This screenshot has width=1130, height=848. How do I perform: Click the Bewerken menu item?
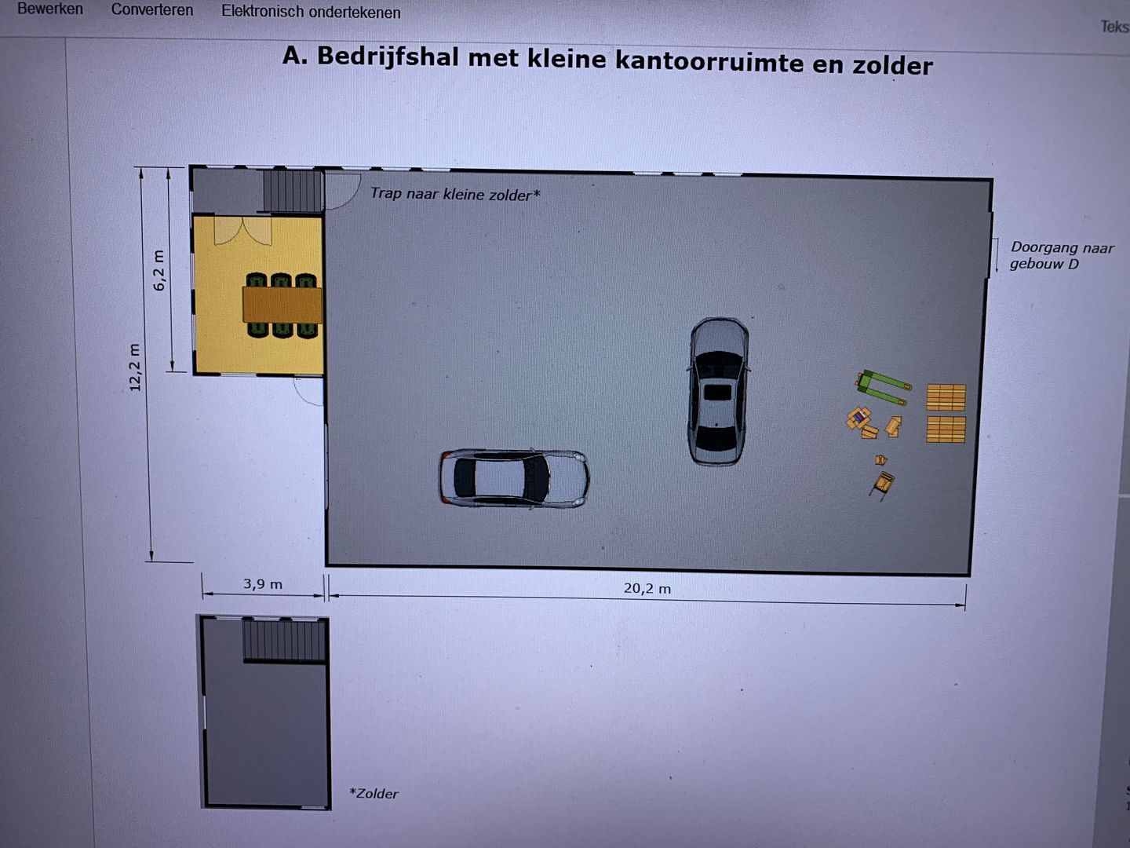click(x=49, y=9)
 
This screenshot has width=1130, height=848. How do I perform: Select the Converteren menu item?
click(x=151, y=10)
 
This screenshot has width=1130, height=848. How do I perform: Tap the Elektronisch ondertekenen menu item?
click(x=311, y=13)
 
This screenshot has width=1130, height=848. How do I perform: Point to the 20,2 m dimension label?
click(x=647, y=588)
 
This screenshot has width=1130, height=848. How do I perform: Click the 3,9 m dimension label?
click(x=263, y=584)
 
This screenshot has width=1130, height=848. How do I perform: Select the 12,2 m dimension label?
click(x=135, y=367)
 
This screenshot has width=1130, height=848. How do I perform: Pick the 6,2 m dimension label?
click(x=159, y=271)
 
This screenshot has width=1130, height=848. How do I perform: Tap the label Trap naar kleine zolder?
click(x=454, y=194)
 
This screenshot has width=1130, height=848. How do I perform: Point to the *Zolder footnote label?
click(x=374, y=794)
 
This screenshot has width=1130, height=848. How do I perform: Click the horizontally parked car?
click(x=513, y=477)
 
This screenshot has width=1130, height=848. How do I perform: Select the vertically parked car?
click(x=718, y=391)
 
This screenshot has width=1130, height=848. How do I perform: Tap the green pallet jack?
click(x=884, y=387)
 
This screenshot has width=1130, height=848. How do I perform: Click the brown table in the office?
click(x=282, y=305)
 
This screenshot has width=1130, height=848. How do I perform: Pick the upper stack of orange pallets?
click(x=946, y=397)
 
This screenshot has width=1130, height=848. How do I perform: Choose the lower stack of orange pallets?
click(x=946, y=429)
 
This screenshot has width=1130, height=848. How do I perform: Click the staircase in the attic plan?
click(x=284, y=640)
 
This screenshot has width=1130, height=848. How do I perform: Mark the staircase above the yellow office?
click(x=292, y=191)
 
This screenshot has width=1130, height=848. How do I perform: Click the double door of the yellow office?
click(x=243, y=230)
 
